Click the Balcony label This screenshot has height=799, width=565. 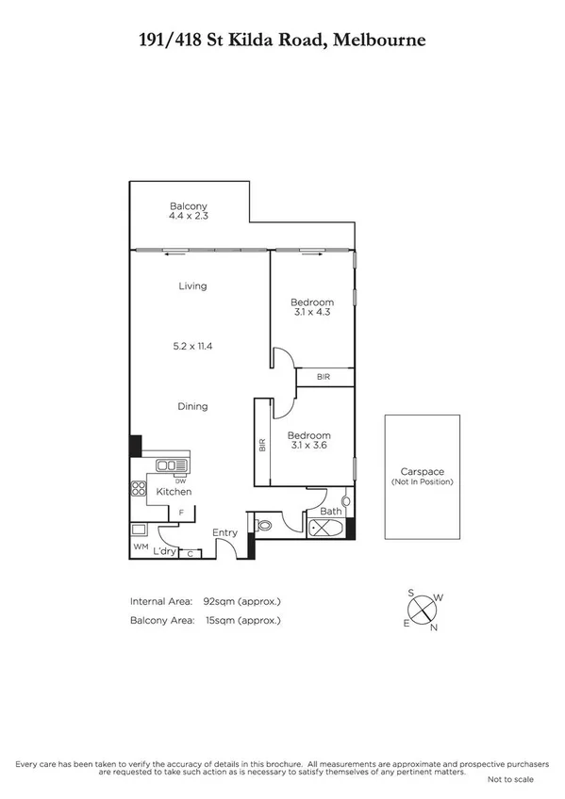(x=188, y=206)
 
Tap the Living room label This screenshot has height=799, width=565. (x=191, y=285)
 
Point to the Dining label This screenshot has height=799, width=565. (x=192, y=406)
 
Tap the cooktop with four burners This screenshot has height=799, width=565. (x=137, y=488)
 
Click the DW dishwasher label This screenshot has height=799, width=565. (x=180, y=480)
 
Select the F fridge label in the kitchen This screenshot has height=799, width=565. (x=180, y=512)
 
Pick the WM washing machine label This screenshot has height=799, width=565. (x=140, y=546)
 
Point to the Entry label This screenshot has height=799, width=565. (x=224, y=533)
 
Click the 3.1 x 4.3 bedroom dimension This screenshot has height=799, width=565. (x=311, y=311)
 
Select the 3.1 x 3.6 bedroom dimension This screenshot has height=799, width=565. (x=311, y=446)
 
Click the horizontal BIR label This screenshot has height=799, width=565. (x=324, y=377)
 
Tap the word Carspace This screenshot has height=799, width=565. (x=422, y=472)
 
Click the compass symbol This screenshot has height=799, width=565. (x=421, y=610)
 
